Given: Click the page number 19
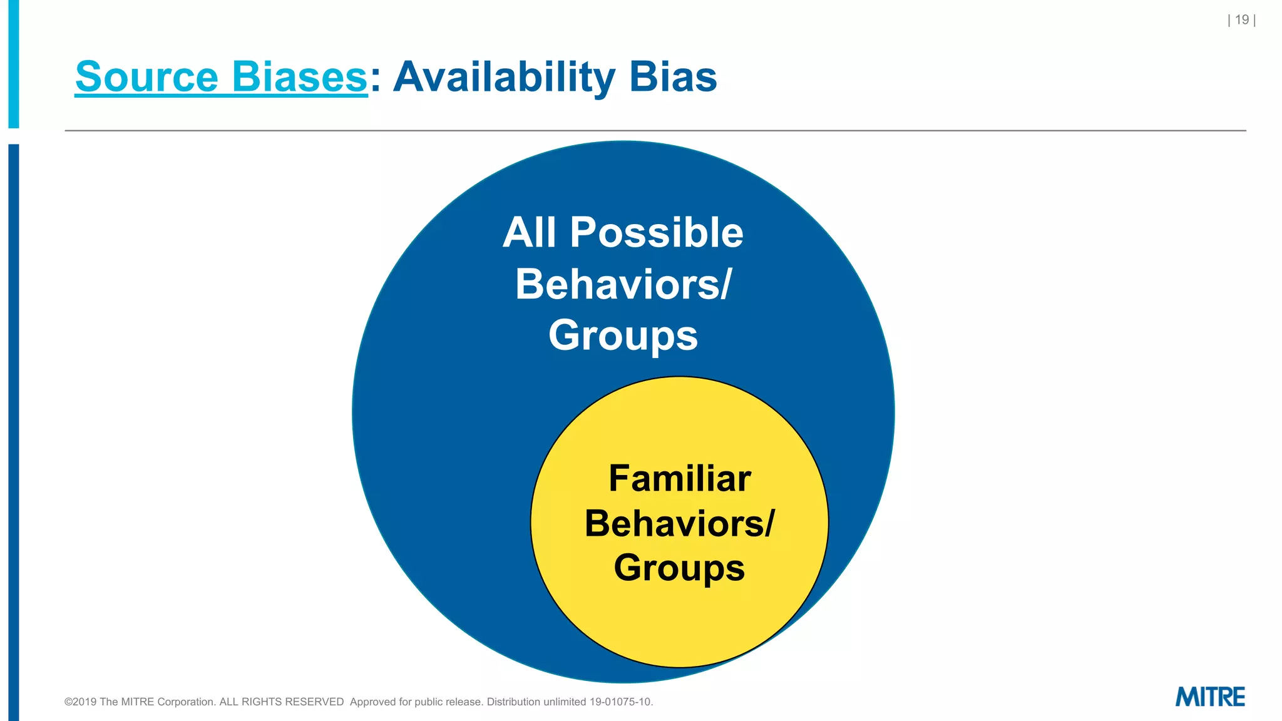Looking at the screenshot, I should click(1242, 20).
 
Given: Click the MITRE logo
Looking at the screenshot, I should click(1210, 697).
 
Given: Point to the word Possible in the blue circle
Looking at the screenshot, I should click(656, 233).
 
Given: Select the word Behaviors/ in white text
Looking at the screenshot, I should click(623, 285).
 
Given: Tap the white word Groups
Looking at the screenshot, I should click(623, 335).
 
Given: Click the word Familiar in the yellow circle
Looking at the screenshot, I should click(680, 479).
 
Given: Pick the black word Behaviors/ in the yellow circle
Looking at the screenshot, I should click(680, 523).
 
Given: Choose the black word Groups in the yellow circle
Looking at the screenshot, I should click(680, 568).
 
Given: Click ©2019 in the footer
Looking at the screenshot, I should click(81, 702).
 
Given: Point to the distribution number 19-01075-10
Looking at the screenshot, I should click(620, 702).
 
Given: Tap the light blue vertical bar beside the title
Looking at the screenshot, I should click(13, 63).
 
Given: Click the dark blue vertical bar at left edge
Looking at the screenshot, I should click(13, 432).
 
